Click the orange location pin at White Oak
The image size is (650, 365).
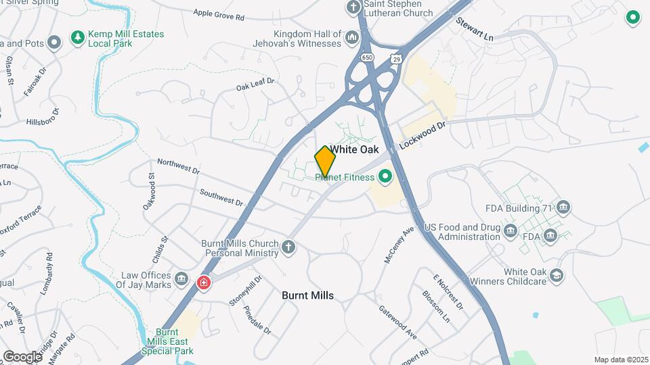[326, 160]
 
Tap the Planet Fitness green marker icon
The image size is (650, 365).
[385, 178]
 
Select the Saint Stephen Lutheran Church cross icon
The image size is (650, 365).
[353, 8]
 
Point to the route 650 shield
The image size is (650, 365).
[367, 58]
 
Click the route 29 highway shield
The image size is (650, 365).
[397, 59]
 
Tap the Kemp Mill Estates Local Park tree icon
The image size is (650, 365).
[79, 36]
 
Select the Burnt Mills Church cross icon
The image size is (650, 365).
[288, 247]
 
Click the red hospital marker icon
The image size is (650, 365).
[203, 283]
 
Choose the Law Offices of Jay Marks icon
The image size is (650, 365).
[181, 278]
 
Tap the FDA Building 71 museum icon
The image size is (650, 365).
[565, 208]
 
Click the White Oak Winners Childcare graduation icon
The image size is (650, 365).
[556, 275]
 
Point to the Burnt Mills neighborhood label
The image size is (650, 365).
[307, 295]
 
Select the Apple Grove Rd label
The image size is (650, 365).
[218, 14]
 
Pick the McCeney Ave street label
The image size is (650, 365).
[399, 245]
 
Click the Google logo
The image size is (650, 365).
[22, 356]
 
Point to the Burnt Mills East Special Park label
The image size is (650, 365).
[175, 341]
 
